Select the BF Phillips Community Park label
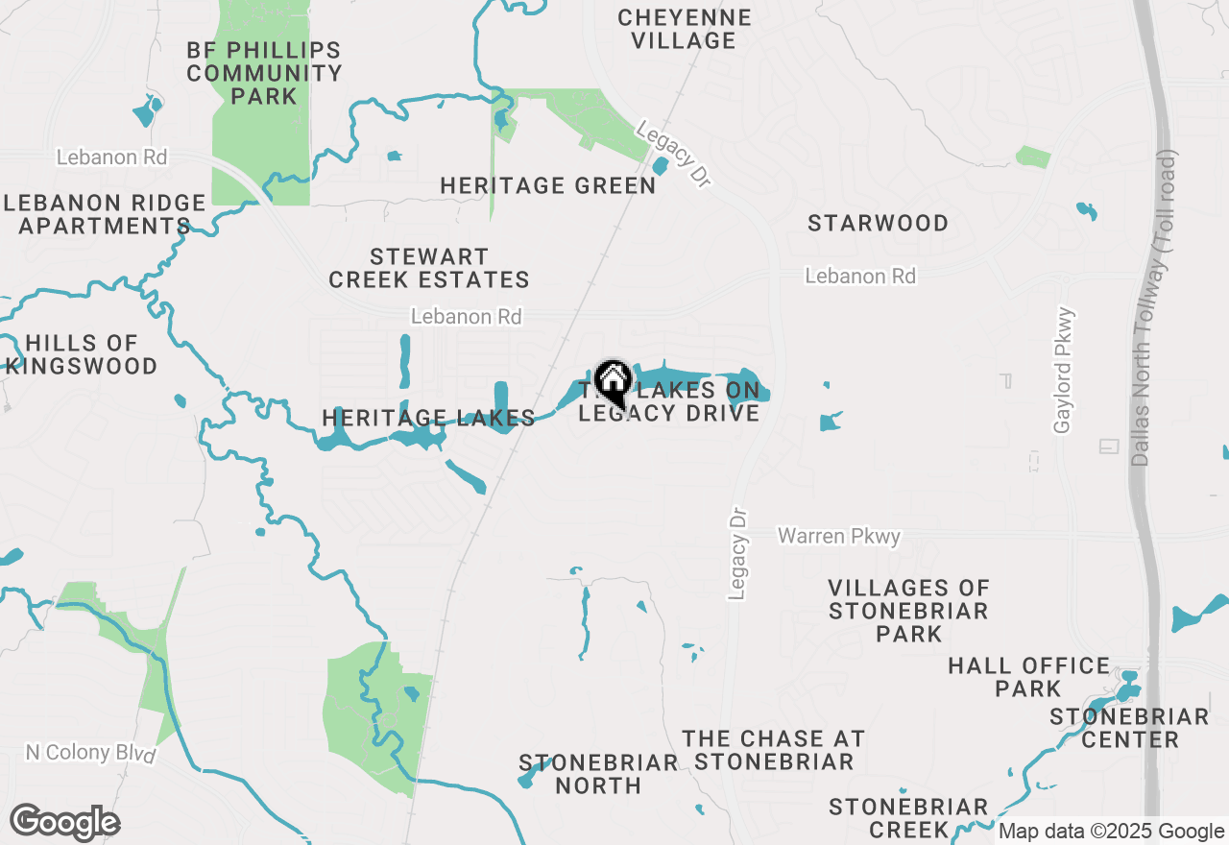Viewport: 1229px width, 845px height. (264, 73)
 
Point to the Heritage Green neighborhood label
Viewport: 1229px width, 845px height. (547, 185)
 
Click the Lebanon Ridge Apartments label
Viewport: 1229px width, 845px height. (105, 214)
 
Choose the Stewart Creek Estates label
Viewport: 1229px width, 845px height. (429, 268)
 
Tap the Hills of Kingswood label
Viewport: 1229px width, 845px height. (82, 354)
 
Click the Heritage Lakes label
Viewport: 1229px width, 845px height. (428, 418)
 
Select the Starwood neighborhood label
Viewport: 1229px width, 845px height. (878, 223)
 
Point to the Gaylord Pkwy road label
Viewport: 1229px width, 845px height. (1062, 371)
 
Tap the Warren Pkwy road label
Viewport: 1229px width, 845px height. (839, 536)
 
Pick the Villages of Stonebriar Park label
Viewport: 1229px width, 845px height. (908, 611)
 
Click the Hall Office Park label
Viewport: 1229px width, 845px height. (1028, 677)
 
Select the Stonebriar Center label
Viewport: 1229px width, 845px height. (1129, 728)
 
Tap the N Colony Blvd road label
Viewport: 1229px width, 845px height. (90, 753)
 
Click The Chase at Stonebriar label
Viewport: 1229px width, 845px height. (774, 750)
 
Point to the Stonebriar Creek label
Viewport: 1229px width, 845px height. (908, 817)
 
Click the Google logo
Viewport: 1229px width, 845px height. (65, 823)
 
